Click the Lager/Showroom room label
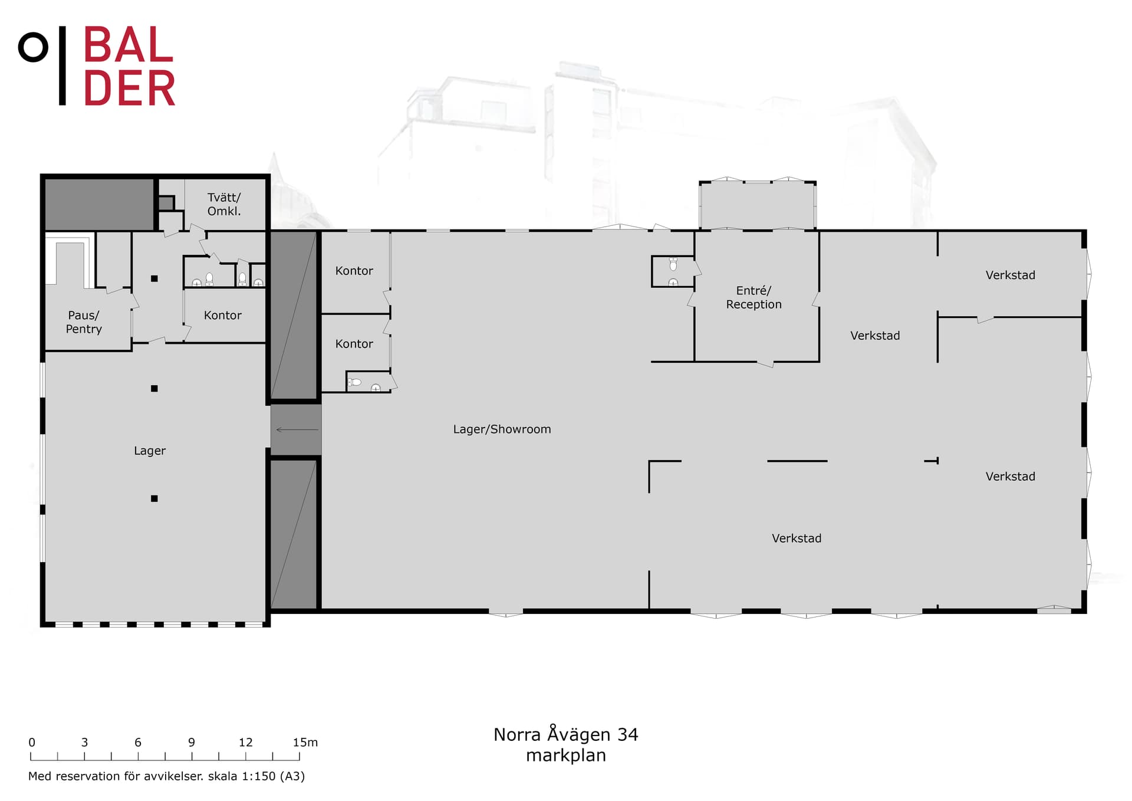[502, 429]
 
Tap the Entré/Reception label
[753, 297]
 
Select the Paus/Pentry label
[84, 322]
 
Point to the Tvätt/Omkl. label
[224, 204]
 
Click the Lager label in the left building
[150, 451]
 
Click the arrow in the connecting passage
[297, 429]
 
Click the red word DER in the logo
[130, 88]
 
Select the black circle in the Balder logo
[33, 47]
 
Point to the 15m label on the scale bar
[305, 742]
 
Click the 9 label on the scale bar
[192, 742]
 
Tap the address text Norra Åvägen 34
[566, 734]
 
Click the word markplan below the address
[566, 756]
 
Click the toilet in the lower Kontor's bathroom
[354, 382]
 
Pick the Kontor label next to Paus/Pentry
[223, 316]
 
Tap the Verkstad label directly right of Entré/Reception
[875, 336]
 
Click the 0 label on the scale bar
[32, 742]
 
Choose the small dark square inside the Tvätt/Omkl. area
[166, 203]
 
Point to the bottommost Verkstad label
[797, 539]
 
